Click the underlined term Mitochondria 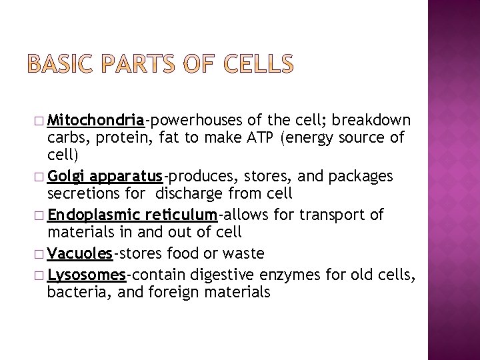point(96,120)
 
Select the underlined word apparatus point(127,177)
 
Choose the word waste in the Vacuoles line point(246,253)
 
